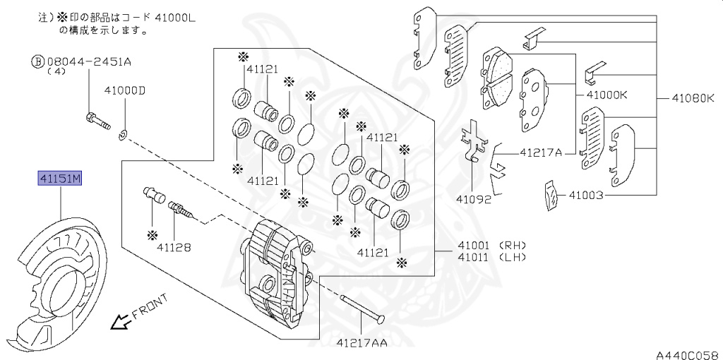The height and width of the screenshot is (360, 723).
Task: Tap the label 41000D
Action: point(124,91)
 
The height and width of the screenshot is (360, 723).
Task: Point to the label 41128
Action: point(174,248)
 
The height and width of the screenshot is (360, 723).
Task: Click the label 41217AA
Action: point(361,343)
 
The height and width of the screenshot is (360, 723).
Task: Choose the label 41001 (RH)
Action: point(491,245)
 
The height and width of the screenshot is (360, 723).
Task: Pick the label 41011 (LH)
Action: point(491,257)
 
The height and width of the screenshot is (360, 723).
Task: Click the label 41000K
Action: point(607,96)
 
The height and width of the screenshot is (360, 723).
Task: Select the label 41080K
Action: point(693,98)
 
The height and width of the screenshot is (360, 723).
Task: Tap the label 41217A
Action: point(541,152)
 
